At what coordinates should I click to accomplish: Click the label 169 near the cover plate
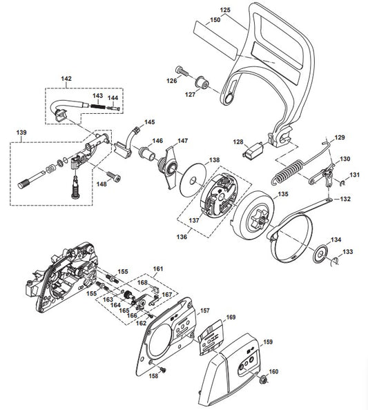(231, 317)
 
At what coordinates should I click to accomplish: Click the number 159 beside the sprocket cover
(268, 342)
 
